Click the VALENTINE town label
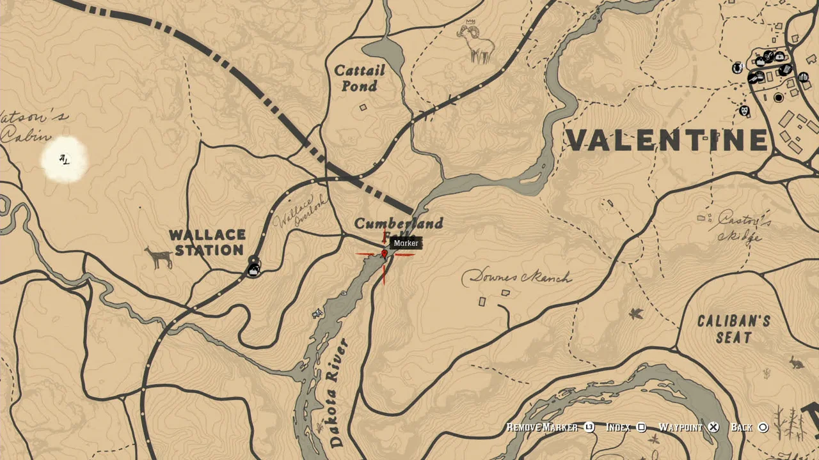[x=667, y=141]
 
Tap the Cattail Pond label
[x=360, y=77]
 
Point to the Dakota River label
[x=337, y=392]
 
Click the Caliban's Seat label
[x=733, y=329]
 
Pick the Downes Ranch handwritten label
[x=517, y=277]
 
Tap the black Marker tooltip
[x=406, y=243]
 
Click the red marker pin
[x=385, y=254]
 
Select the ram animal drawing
[x=477, y=43]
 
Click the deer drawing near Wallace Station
[x=159, y=257]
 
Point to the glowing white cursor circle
[x=65, y=160]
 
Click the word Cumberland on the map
[x=398, y=224]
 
